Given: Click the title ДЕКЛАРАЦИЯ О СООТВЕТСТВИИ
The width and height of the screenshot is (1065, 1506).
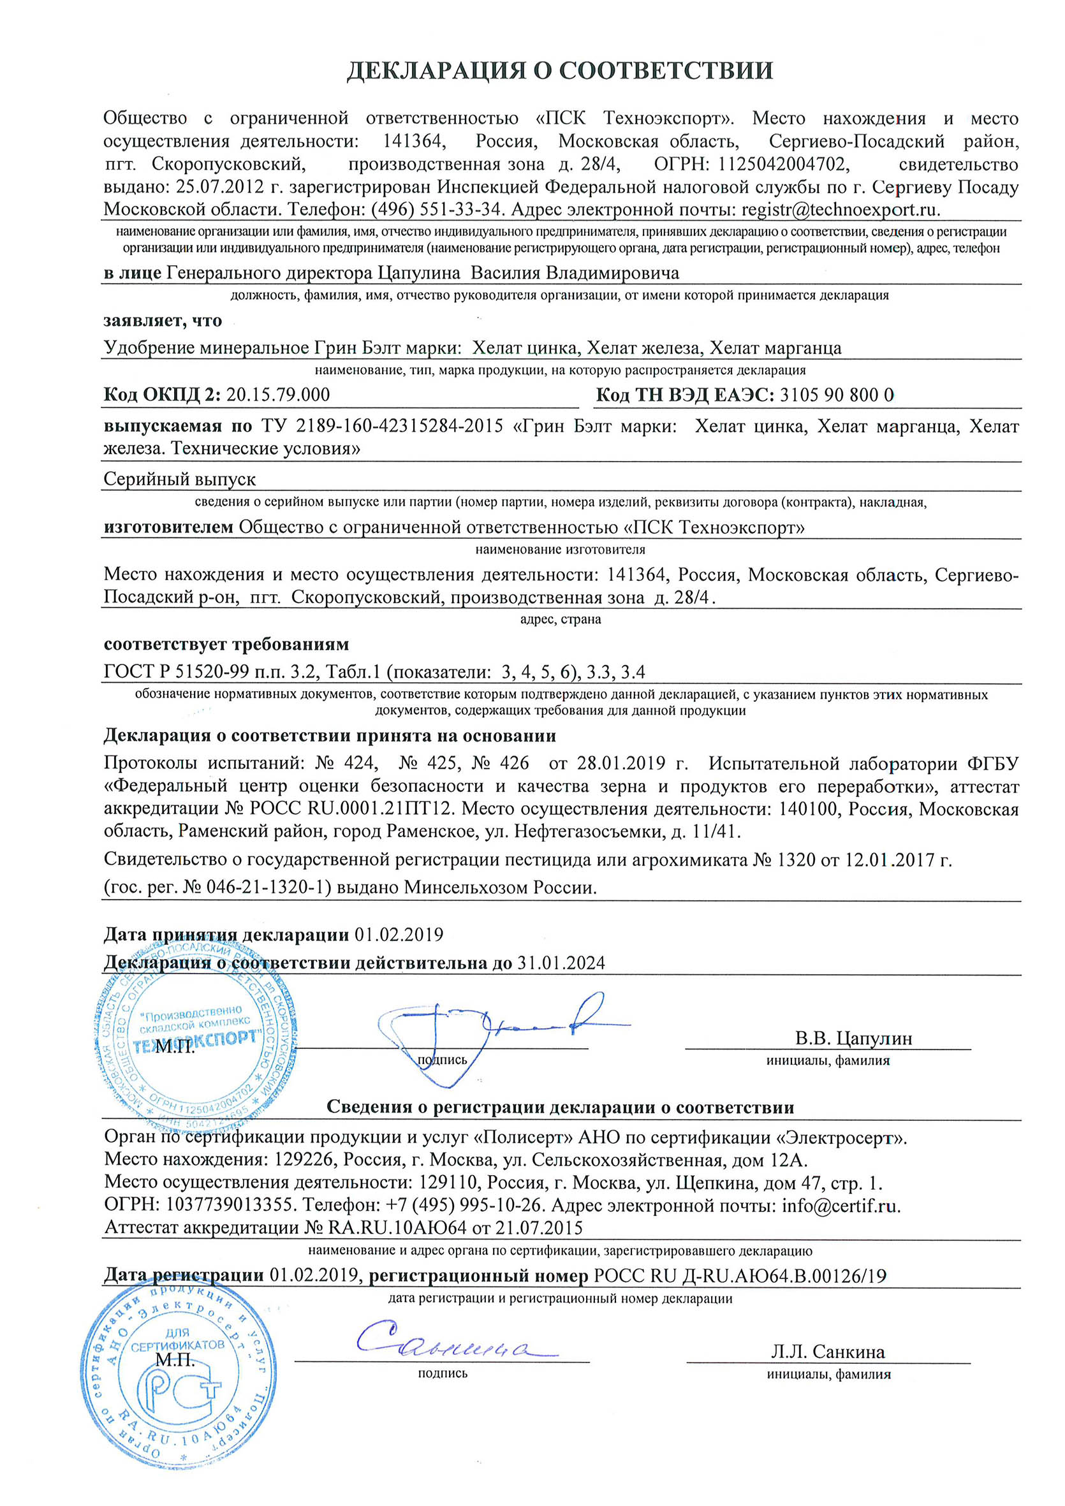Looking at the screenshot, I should [560, 71].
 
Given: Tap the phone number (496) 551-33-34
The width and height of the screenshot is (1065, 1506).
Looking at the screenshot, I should [437, 210].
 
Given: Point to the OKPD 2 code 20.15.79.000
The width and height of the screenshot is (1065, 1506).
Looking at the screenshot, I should [277, 395].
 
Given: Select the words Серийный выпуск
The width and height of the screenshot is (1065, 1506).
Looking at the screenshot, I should [180, 479].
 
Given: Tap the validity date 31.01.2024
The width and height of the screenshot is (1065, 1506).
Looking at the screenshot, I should [561, 963].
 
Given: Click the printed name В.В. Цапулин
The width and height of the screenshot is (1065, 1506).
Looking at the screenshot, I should [853, 1039].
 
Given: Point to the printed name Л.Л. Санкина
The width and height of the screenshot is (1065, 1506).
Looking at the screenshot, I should [828, 1352].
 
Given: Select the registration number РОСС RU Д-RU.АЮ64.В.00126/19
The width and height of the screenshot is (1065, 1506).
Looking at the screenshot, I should [740, 1276].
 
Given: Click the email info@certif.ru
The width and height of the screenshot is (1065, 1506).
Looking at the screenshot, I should [841, 1206].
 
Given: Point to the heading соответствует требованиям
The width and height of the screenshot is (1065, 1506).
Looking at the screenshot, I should [226, 644].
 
